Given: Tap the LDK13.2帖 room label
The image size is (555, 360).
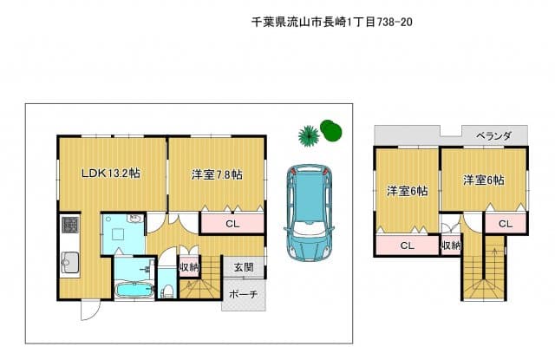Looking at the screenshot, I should click(x=110, y=173).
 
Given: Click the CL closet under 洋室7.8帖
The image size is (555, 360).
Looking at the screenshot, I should click(x=232, y=223).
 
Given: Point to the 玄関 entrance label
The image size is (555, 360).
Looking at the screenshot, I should click(x=244, y=268).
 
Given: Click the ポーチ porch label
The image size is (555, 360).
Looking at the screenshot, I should click(x=244, y=295).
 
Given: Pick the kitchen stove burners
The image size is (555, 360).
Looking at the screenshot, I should click(x=69, y=229).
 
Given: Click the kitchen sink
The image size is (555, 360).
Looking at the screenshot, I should click(x=69, y=262).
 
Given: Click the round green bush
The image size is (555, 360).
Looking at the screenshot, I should click(x=330, y=131).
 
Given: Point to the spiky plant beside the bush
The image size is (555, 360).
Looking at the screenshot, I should click(x=308, y=135).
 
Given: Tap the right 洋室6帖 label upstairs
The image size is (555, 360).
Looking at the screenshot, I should click(x=483, y=180).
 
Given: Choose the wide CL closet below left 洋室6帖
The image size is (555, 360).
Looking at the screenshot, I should click(x=406, y=246).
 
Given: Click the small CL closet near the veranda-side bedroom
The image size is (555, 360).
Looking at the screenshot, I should click(x=506, y=224).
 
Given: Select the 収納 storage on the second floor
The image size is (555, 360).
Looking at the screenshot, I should click(x=451, y=246).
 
